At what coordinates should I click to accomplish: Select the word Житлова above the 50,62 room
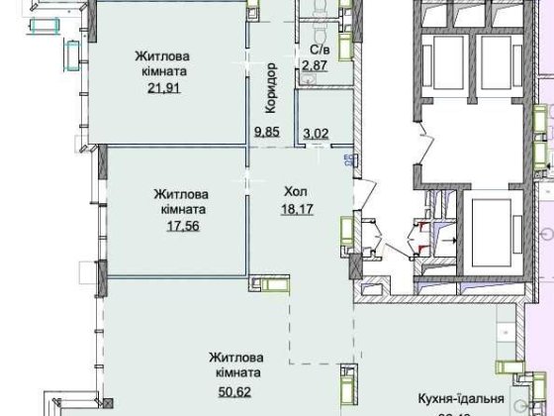coord(234,358)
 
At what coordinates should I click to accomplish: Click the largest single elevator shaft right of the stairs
coord(487,227)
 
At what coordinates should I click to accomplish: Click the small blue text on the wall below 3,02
coord(347,156)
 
